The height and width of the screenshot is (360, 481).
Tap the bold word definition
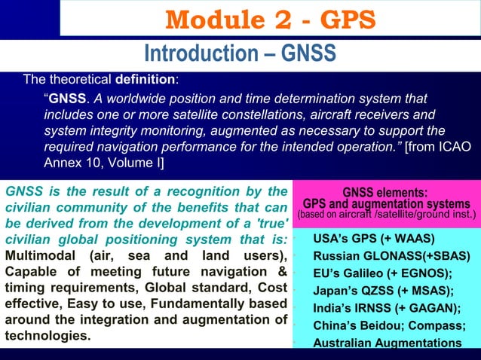146,78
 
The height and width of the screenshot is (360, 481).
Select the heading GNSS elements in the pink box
385,192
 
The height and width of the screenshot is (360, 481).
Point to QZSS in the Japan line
374,291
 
